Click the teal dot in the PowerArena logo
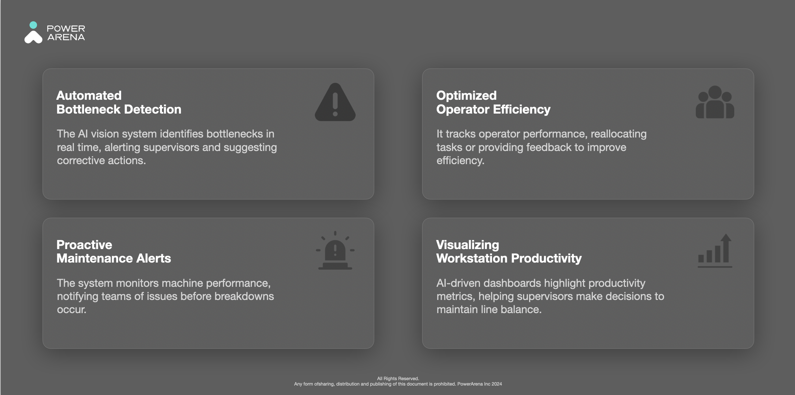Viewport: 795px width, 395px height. tap(33, 25)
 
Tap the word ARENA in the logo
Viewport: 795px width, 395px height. tap(66, 37)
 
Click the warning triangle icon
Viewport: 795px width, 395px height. tap(335, 102)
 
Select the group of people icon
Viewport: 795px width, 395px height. tap(715, 102)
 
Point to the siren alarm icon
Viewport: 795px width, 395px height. tap(335, 250)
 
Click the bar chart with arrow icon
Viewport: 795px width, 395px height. tap(715, 251)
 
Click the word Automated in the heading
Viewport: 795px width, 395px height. tap(89, 95)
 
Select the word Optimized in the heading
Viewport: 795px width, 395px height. tap(466, 96)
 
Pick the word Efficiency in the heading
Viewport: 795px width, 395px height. tap(522, 110)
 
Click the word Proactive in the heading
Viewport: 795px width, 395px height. tap(84, 245)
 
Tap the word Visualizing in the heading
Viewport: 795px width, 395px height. tap(467, 245)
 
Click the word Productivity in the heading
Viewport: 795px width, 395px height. tap(546, 259)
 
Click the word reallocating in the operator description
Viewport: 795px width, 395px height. tap(619, 134)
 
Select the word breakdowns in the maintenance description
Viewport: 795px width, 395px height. tap(244, 296)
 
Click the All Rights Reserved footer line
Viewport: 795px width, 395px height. tap(398, 378)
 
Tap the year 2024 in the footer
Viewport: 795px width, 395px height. tap(497, 384)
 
